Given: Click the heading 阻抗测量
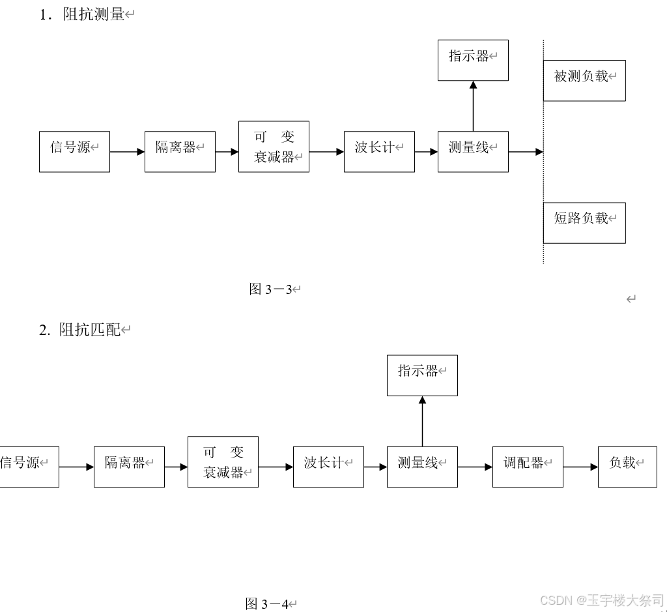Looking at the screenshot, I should click(93, 14).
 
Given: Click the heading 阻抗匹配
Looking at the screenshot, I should click(90, 330).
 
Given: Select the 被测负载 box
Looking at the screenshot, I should click(584, 80).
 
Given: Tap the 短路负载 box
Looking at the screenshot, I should click(584, 222).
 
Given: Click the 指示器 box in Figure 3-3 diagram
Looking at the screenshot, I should click(473, 60).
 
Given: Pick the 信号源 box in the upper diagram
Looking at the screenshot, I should click(74, 151).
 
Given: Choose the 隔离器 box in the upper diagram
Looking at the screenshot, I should click(180, 151).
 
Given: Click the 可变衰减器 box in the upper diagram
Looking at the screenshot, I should click(274, 147).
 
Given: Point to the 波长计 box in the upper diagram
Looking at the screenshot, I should click(379, 151).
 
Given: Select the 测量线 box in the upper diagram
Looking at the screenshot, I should click(473, 151).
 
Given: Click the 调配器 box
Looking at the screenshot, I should click(528, 467).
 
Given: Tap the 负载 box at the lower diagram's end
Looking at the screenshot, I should click(627, 467).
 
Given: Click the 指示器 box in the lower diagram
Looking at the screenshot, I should click(422, 375).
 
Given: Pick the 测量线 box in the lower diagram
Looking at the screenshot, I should click(422, 467).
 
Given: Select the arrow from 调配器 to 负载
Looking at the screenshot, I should click(580, 467).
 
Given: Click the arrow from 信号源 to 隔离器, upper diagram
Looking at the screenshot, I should click(127, 152).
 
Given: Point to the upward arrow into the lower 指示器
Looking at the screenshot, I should click(422, 420).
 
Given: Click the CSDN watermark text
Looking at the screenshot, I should click(602, 600).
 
